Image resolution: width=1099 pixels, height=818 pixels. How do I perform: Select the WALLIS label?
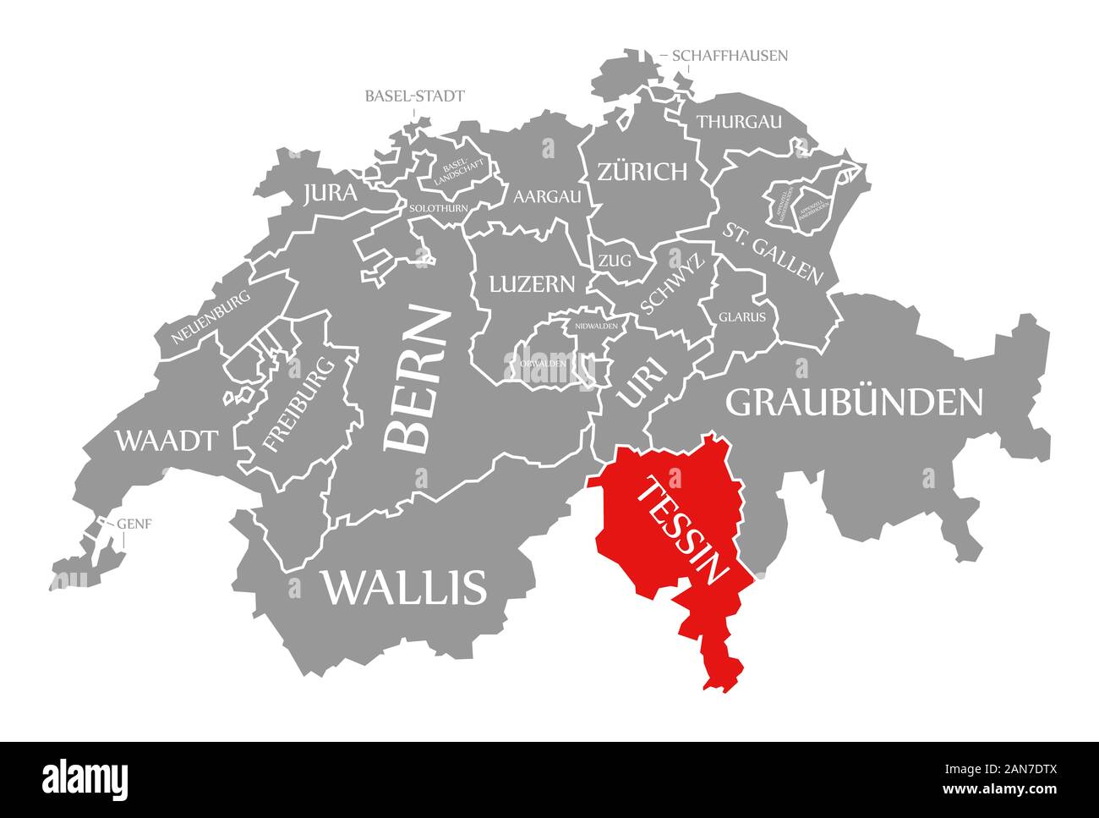tap(404, 586)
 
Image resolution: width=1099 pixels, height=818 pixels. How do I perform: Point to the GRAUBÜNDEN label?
tap(855, 403)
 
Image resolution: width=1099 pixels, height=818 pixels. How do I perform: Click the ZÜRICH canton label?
tap(642, 173)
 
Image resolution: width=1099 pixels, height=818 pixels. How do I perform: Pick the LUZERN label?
tap(532, 283)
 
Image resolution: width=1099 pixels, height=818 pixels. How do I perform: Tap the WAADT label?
tap(167, 441)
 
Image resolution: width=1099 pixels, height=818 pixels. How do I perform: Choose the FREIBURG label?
tap(299, 404)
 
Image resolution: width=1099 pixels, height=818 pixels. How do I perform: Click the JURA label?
tap(330, 194)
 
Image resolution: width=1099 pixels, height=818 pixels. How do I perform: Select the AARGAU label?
tap(548, 196)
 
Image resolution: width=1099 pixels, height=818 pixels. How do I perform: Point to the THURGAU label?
tap(739, 122)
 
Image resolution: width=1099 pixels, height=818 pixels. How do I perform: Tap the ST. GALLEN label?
tap(772, 252)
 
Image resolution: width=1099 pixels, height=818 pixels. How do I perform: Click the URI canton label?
tap(642, 384)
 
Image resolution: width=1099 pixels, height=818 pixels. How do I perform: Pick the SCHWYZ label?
tap(672, 286)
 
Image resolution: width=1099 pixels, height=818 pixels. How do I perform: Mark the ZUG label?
tap(615, 261)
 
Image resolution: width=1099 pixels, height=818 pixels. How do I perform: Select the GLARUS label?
tap(742, 317)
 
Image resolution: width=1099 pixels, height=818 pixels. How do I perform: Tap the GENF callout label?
tap(134, 524)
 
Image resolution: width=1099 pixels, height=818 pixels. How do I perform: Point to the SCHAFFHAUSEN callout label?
tap(730, 56)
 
